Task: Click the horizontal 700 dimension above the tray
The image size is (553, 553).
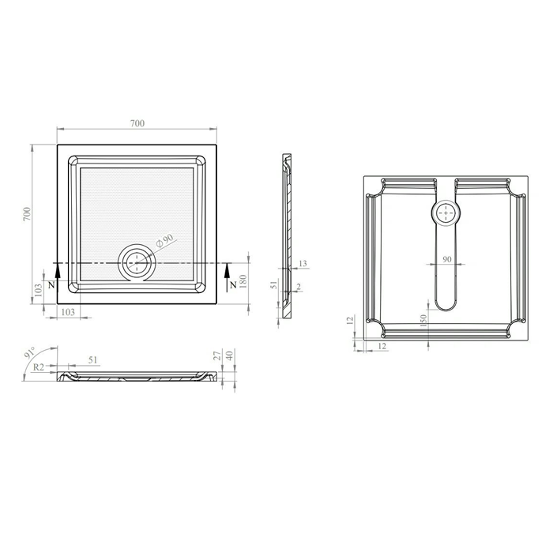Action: (x=137, y=123)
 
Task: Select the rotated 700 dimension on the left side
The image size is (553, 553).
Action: (x=27, y=214)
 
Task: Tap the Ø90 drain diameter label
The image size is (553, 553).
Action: (x=164, y=240)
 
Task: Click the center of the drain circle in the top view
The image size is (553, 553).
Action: (x=137, y=263)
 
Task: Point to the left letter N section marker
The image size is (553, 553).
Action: (x=51, y=285)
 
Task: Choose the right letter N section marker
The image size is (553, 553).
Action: (x=233, y=285)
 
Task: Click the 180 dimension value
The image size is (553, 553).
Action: (x=243, y=281)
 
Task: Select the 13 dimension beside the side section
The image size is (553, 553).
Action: (x=303, y=263)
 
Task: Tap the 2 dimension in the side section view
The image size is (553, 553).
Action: (x=299, y=287)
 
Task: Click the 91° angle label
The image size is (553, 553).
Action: (x=30, y=352)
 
